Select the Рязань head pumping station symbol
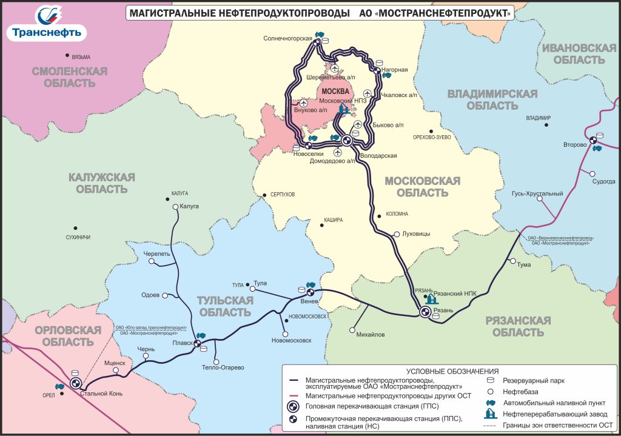[x=425, y=312]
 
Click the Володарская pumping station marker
[x=347, y=141]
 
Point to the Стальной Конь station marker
[x=76, y=383]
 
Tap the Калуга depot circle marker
[x=175, y=207]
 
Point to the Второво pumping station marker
[x=595, y=145]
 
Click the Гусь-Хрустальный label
[x=537, y=193]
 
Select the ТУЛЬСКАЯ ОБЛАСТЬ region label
[x=223, y=307]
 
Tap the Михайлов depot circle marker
[x=352, y=330]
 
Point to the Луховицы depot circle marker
[x=397, y=233]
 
